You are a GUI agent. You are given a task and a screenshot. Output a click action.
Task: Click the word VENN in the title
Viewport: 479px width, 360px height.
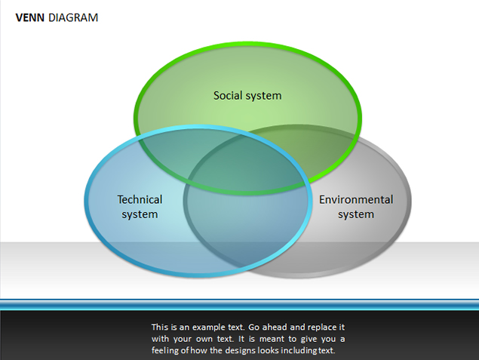pos(30,17)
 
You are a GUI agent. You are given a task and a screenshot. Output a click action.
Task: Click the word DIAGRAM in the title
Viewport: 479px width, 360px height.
pos(73,17)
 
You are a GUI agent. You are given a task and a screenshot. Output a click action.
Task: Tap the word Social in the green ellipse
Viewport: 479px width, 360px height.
pos(228,95)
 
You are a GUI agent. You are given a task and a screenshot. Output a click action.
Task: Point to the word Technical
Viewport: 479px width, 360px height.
pos(140,199)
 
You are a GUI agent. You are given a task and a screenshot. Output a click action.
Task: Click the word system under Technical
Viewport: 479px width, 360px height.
pos(140,214)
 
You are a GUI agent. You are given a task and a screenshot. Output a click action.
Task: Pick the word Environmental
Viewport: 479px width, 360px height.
pos(356,199)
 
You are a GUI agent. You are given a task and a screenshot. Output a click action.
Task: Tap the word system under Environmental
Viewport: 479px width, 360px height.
pos(356,214)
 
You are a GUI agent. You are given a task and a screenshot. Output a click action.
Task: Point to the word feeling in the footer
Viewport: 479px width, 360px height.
pos(165,350)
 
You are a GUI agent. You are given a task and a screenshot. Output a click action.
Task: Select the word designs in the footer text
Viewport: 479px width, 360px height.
pos(240,350)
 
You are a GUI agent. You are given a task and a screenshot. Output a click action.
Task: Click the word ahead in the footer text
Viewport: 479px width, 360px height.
pos(275,328)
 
